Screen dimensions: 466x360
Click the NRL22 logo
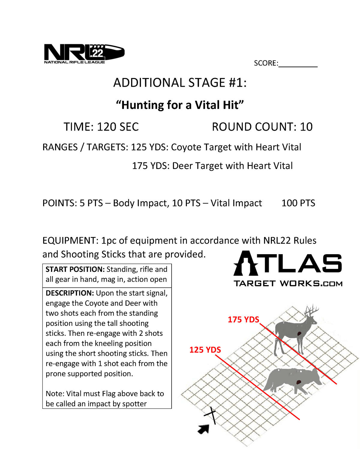tap(84, 54)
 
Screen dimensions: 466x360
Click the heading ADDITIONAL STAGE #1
tap(180, 83)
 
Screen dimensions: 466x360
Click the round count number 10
tap(306, 127)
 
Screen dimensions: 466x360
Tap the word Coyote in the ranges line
tap(186, 147)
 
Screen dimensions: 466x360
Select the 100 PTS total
tap(298, 203)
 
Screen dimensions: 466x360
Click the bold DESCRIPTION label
tap(70, 293)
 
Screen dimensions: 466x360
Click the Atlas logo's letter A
tap(246, 263)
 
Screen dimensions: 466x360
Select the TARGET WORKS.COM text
tap(288, 284)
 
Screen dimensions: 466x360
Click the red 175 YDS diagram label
tap(243, 320)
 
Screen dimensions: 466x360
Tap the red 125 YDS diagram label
tap(205, 350)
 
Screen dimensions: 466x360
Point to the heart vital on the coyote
tap(298, 382)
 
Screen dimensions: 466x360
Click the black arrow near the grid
tap(203, 429)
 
